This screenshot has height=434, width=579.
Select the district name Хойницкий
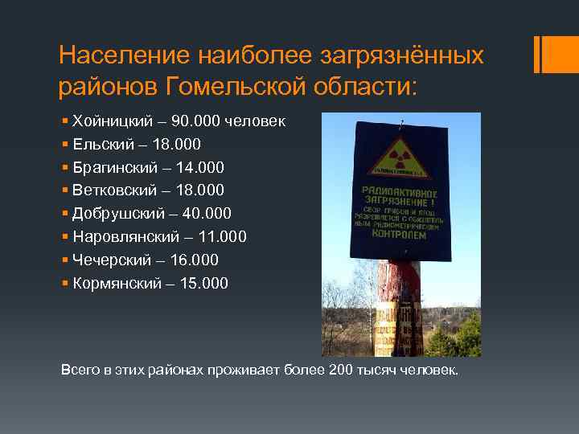[110, 121]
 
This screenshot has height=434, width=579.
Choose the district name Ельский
[99, 144]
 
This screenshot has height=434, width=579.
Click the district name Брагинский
[113, 167]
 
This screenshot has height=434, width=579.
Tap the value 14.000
[198, 167]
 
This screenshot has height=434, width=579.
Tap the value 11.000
[220, 236]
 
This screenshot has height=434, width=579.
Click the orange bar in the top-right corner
[545, 53]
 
